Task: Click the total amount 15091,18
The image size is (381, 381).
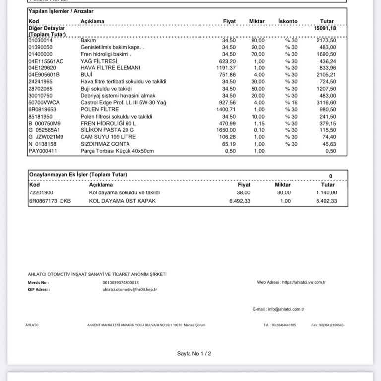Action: pyautogui.click(x=325, y=29)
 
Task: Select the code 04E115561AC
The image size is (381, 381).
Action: pyautogui.click(x=46, y=61)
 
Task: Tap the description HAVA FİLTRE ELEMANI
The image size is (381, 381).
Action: pyautogui.click(x=111, y=68)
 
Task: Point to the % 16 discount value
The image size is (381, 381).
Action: pyautogui.click(x=291, y=102)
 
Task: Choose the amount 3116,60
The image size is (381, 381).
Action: pyautogui.click(x=325, y=102)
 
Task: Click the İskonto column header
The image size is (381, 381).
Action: pyautogui.click(x=288, y=21)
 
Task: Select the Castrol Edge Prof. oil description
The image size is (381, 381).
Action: pyautogui.click(x=123, y=102)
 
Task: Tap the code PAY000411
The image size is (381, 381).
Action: pyautogui.click(x=43, y=151)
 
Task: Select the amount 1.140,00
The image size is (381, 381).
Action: pyautogui.click(x=326, y=192)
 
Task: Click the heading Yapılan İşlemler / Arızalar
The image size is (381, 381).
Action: pyautogui.click(x=61, y=11)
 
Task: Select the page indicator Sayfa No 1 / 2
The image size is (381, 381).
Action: pyautogui.click(x=194, y=354)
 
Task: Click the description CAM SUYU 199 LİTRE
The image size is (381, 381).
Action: pyautogui.click(x=108, y=137)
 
